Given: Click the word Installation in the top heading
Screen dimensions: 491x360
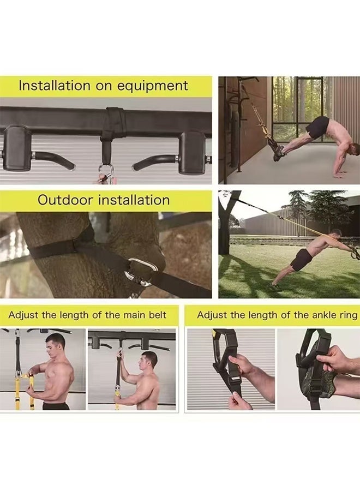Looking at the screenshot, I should pyautogui.click(x=53, y=86).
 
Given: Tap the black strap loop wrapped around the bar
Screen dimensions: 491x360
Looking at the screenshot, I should pyautogui.click(x=113, y=124).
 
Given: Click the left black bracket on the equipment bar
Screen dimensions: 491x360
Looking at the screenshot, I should pyautogui.click(x=17, y=147).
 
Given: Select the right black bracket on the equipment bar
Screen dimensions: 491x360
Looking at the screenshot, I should pyautogui.click(x=192, y=152).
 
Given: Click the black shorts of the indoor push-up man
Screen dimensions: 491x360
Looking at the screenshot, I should pyautogui.click(x=317, y=128).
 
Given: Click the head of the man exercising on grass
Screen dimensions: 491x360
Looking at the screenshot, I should pyautogui.click(x=337, y=233).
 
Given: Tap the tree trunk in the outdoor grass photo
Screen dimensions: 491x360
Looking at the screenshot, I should pyautogui.click(x=225, y=229).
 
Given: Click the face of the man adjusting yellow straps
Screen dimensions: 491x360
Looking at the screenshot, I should pyautogui.click(x=56, y=345).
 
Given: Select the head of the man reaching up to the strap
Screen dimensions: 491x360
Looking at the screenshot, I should pyautogui.click(x=149, y=360).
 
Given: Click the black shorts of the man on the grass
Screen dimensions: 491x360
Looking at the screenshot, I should pyautogui.click(x=301, y=260).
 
